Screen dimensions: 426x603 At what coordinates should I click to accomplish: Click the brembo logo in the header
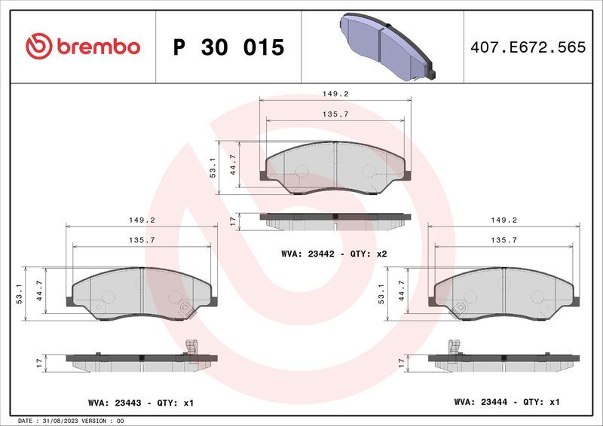click(x=83, y=47)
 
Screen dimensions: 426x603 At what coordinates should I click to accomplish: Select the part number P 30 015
click(x=228, y=47)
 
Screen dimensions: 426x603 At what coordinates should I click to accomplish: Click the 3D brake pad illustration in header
click(x=384, y=47)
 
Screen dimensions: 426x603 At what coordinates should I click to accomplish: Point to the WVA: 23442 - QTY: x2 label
click(x=333, y=254)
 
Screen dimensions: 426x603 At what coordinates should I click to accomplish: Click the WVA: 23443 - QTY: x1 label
click(x=141, y=403)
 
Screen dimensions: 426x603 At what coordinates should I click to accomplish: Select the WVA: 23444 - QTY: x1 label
click(x=507, y=403)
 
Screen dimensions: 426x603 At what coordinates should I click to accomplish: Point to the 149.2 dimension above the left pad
click(x=141, y=221)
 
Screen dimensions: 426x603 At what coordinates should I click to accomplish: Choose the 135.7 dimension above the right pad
click(x=504, y=240)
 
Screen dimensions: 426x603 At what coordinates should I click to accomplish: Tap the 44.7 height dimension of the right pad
click(x=401, y=290)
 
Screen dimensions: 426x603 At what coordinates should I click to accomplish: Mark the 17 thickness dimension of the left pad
click(x=39, y=364)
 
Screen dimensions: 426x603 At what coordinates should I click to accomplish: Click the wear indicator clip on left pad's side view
click(x=191, y=347)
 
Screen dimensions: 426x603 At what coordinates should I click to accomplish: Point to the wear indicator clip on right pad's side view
click(x=454, y=347)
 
